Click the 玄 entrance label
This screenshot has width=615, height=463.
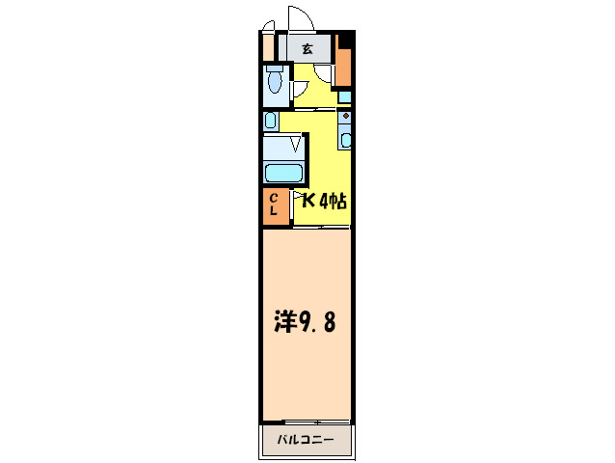(307, 48)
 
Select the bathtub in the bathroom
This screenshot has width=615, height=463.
(284, 174)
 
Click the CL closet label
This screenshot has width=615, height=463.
(275, 204)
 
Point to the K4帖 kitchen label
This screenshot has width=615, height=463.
(324, 202)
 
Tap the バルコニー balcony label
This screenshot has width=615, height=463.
(306, 440)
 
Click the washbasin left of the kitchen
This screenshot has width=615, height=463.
(271, 122)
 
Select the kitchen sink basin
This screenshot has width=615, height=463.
(346, 138)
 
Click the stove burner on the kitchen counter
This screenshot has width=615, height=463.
(345, 115)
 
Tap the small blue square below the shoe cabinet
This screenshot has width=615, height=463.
(344, 96)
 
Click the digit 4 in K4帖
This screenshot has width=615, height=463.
(324, 202)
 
